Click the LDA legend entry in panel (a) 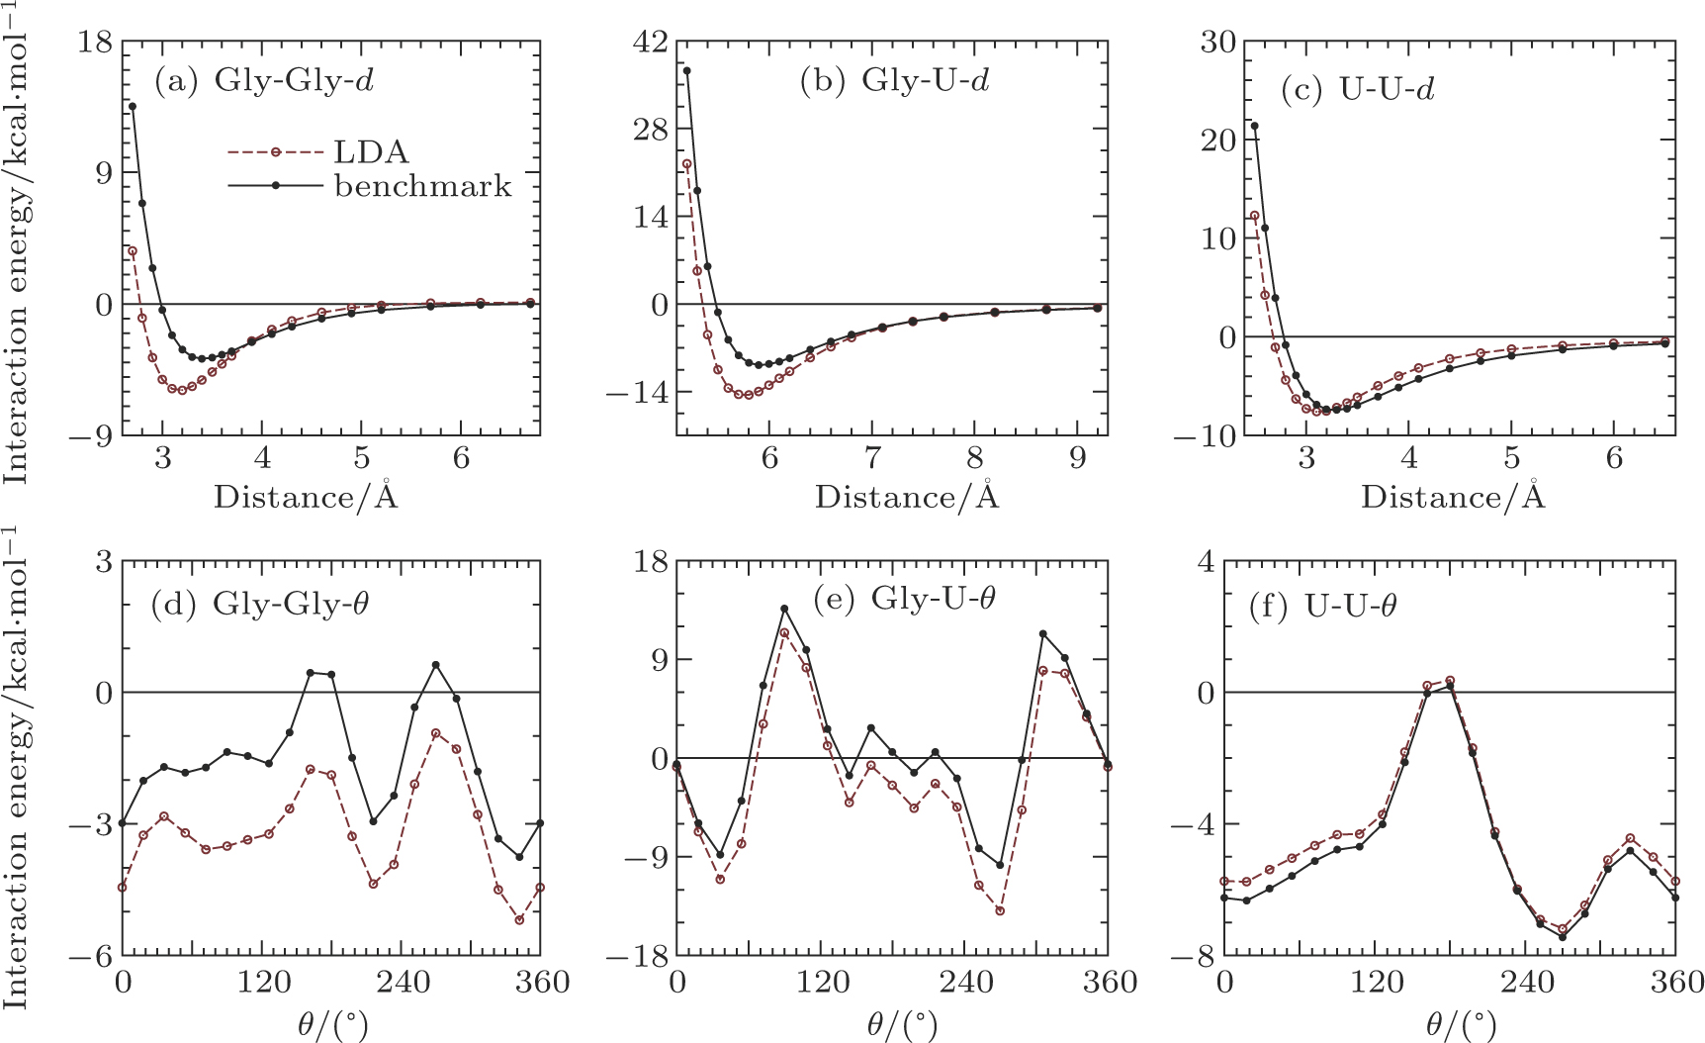[372, 151]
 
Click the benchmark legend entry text [423, 185]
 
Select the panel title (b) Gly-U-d [895, 80]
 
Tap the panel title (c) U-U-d [1357, 90]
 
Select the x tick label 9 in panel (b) [1077, 460]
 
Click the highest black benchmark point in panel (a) [133, 106]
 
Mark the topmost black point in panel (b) [686, 70]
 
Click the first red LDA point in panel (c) [1255, 216]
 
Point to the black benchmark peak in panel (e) [784, 609]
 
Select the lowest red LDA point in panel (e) [1000, 910]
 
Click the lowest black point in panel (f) [1562, 936]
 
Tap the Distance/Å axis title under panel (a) [306, 496]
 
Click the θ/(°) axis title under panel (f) [1461, 1024]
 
